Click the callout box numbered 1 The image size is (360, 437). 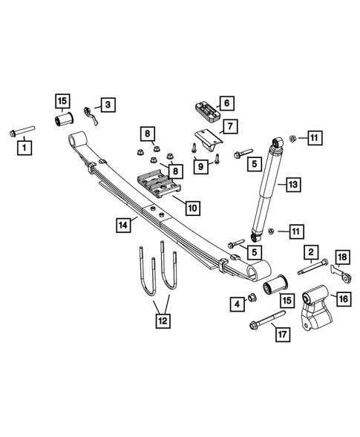26,148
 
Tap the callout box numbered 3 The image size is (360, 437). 108,105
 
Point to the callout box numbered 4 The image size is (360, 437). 237,303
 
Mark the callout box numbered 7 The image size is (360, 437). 230,126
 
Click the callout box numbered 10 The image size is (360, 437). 192,208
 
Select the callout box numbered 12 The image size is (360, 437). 162,321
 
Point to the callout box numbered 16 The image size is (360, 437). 343,299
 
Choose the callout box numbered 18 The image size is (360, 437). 341,257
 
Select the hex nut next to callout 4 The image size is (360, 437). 252,298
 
